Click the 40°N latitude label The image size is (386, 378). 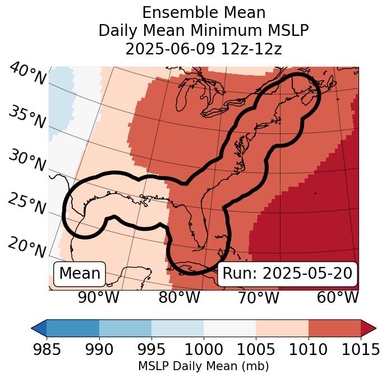tap(27, 74)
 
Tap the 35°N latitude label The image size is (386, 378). tap(26, 118)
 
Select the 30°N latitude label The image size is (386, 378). tap(26, 161)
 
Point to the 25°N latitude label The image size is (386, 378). tap(26, 204)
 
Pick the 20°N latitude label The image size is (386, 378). tap(26, 247)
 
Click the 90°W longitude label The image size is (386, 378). tap(99, 298)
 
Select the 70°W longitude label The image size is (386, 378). tap(259, 298)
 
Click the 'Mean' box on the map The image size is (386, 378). tap(80, 274)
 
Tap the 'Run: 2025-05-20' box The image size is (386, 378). tap(287, 274)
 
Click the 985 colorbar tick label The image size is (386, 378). tap(47, 350)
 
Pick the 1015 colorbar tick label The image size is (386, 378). tap(361, 350)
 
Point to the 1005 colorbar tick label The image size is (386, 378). tap(256, 350)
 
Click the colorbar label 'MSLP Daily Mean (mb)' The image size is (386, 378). tap(203, 367)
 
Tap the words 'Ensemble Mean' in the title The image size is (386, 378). tap(203, 12)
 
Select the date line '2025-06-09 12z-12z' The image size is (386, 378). tap(203, 49)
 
